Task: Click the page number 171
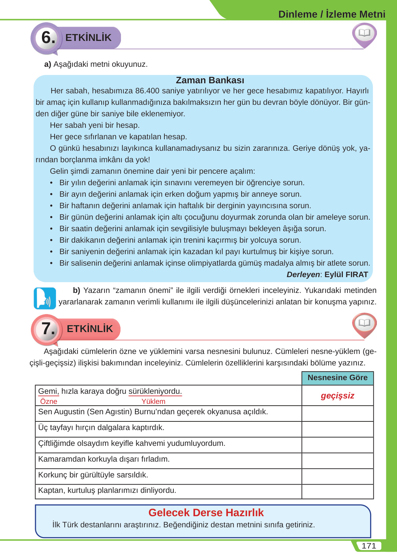pyautogui.click(x=369, y=546)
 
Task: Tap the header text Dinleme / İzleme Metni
pyautogui.click(x=332, y=14)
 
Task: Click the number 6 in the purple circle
pyautogui.click(x=48, y=37)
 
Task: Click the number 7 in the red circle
pyautogui.click(x=48, y=328)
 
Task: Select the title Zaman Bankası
pyautogui.click(x=210, y=80)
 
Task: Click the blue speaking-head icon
pyautogui.click(x=45, y=298)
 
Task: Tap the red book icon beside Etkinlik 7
pyautogui.click(x=364, y=324)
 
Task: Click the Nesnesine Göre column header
pyautogui.click(x=337, y=378)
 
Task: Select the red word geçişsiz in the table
pyautogui.click(x=337, y=396)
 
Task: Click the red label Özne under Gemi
pyautogui.click(x=49, y=401)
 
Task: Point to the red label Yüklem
pyautogui.click(x=153, y=401)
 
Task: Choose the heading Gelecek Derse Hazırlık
pyautogui.click(x=206, y=512)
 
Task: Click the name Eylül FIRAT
pyautogui.click(x=346, y=275)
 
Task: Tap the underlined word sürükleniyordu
pyautogui.click(x=155, y=391)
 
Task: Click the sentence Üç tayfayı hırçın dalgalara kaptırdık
pyautogui.click(x=101, y=428)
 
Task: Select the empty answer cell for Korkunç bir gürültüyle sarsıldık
pyautogui.click(x=337, y=476)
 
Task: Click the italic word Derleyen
pyautogui.click(x=303, y=275)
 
